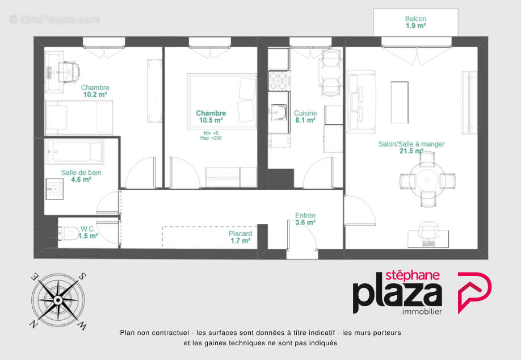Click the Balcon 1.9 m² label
click(415, 22)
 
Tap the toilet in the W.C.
click(70, 232)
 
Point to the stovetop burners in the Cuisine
click(279, 80)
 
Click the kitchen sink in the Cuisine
click(279, 114)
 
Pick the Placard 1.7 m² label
click(240, 237)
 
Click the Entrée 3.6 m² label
click(305, 219)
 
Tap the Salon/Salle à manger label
click(411, 147)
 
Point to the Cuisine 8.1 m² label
click(305, 116)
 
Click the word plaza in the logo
click(397, 295)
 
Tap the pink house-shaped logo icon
click(474, 292)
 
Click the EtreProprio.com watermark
click(54, 20)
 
